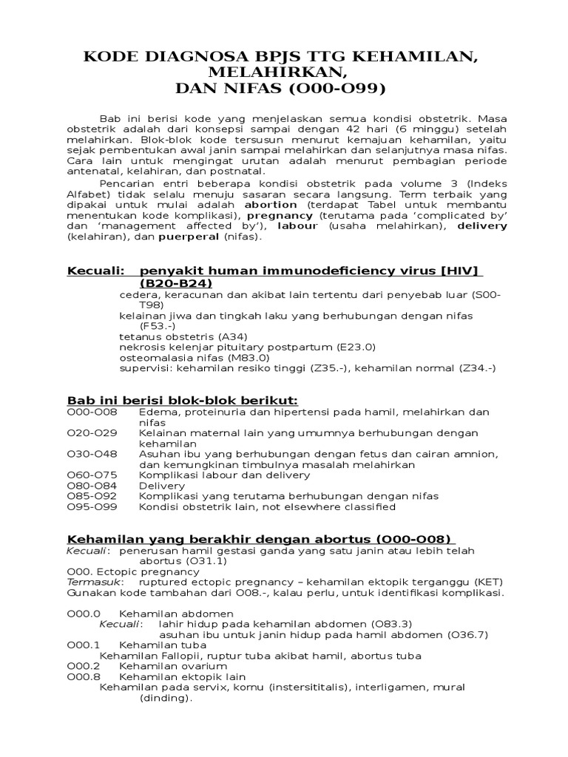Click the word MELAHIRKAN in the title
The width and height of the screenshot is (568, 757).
click(284, 72)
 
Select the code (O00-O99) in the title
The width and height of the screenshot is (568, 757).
click(338, 89)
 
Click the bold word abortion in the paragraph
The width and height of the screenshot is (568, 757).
click(271, 204)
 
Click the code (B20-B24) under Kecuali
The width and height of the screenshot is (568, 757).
click(176, 283)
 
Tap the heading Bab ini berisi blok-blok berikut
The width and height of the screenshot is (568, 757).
click(182, 400)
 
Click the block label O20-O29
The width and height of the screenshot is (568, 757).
click(91, 432)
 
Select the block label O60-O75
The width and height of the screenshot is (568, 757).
click(91, 475)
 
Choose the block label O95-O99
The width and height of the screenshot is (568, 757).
click(91, 507)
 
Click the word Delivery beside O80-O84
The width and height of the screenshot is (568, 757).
click(162, 486)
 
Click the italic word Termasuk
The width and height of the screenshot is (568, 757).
click(89, 582)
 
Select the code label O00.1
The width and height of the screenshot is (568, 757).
click(83, 645)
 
